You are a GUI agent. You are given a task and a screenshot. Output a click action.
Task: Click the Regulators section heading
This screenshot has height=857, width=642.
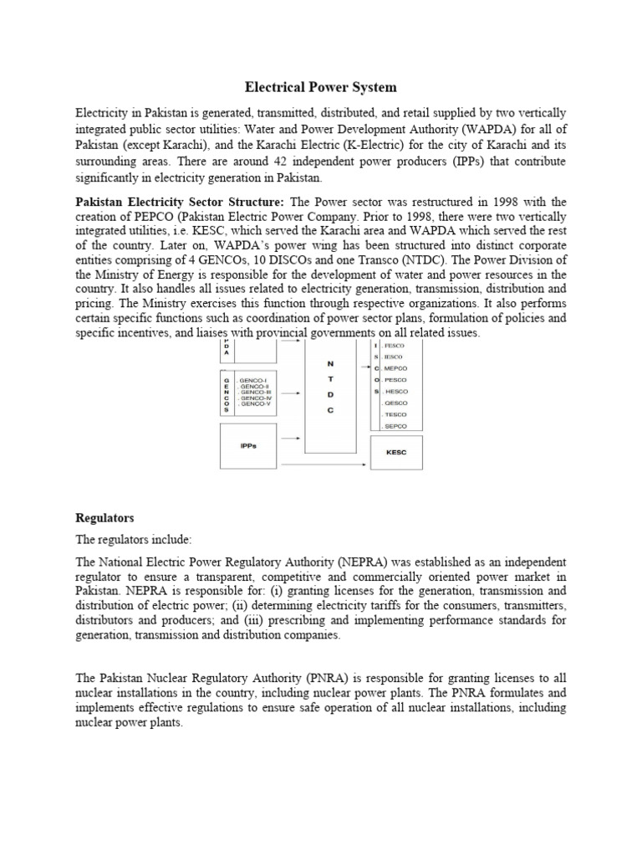(x=104, y=518)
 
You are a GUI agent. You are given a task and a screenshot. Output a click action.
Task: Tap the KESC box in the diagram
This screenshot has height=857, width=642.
(x=396, y=453)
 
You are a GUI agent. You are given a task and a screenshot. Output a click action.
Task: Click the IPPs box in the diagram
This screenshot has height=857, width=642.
(x=249, y=445)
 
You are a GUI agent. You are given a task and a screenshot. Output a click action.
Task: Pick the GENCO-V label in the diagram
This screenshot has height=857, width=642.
(x=255, y=403)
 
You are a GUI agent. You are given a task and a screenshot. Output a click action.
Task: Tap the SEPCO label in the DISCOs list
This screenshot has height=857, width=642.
(x=395, y=426)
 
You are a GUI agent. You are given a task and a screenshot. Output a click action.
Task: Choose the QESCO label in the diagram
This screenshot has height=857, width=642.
(x=395, y=403)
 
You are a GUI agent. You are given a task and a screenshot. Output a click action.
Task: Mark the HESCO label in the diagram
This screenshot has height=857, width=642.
(x=395, y=391)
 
